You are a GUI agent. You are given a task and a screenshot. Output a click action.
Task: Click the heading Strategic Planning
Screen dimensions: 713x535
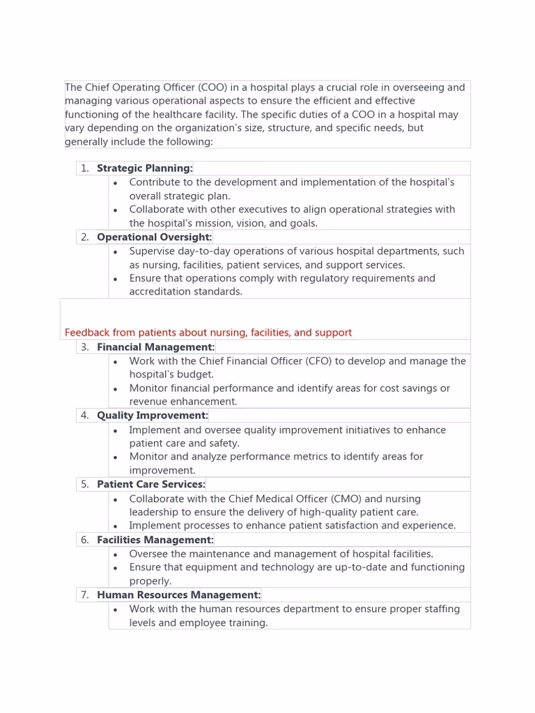coord(144,169)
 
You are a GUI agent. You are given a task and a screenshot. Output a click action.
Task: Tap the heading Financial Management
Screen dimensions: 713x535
coord(155,347)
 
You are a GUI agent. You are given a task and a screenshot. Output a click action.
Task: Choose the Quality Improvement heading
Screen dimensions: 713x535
coord(152,416)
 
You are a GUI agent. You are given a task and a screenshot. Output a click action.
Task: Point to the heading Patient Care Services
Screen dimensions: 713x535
coord(151,485)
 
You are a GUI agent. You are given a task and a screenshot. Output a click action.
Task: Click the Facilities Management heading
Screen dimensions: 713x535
coord(155,540)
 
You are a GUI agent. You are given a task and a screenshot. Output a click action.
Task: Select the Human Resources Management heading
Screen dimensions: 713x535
coord(178,595)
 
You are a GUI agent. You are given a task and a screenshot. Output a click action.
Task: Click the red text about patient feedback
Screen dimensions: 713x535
coord(208,333)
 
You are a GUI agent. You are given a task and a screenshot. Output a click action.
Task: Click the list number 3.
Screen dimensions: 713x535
coord(84,347)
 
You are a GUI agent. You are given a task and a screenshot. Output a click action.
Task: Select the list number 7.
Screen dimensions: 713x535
coord(84,595)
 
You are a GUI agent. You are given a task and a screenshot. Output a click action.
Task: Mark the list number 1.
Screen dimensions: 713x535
coord(84,169)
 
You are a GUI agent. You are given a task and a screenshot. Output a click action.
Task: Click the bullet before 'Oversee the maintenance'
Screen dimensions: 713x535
coord(115,554)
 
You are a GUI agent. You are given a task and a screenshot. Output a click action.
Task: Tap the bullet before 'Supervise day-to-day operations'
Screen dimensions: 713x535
coord(115,251)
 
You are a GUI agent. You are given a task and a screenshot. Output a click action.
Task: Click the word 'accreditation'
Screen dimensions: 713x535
coord(159,292)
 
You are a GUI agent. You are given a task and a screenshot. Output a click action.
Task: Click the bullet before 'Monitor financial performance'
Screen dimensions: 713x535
coord(115,389)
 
